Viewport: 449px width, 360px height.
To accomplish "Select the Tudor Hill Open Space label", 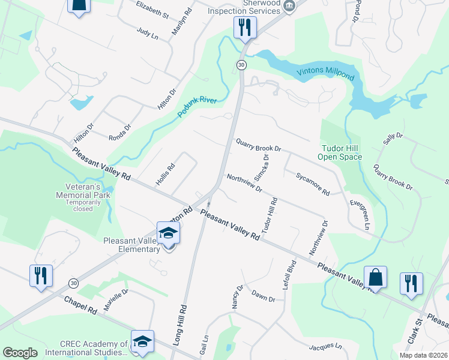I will [340, 152].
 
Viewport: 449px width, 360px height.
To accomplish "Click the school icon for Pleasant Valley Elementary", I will [169, 233].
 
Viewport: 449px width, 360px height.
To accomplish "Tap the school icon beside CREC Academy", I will [142, 341].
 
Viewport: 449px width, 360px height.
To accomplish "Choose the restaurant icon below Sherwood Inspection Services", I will [245, 27].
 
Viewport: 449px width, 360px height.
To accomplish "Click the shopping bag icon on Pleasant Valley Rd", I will [375, 278].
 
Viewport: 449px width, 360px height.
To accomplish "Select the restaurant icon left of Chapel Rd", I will [41, 276].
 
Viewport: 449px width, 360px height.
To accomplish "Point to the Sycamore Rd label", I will [312, 184].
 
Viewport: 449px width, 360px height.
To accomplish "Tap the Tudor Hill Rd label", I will [268, 215].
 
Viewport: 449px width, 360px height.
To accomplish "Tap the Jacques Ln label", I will [325, 347].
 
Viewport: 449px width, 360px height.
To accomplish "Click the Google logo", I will [20, 353].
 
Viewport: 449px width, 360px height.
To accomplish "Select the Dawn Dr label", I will [263, 296].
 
